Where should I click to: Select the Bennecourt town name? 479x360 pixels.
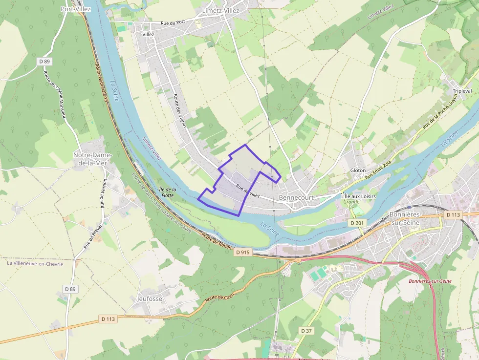pyautogui.click(x=296, y=197)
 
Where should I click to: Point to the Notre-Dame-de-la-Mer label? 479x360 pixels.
pyautogui.click(x=92, y=159)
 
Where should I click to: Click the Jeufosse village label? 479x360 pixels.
pyautogui.click(x=150, y=298)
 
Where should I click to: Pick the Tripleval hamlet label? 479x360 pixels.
pyautogui.click(x=462, y=91)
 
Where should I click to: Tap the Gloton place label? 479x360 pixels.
pyautogui.click(x=358, y=170)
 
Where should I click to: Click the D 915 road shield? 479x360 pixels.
pyautogui.click(x=242, y=253)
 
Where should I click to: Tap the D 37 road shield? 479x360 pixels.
pyautogui.click(x=306, y=331)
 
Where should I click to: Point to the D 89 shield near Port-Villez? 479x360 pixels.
pyautogui.click(x=44, y=62)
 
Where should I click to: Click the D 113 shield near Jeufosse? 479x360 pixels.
pyautogui.click(x=108, y=319)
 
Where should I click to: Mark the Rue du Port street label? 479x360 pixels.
pyautogui.click(x=173, y=23)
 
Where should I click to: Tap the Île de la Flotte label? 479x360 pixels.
pyautogui.click(x=167, y=192)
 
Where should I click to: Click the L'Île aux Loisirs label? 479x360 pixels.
pyautogui.click(x=358, y=196)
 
